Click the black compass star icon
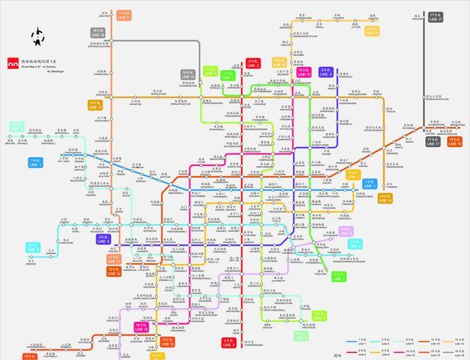[x=36, y=37]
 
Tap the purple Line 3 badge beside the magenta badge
[x=325, y=72]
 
